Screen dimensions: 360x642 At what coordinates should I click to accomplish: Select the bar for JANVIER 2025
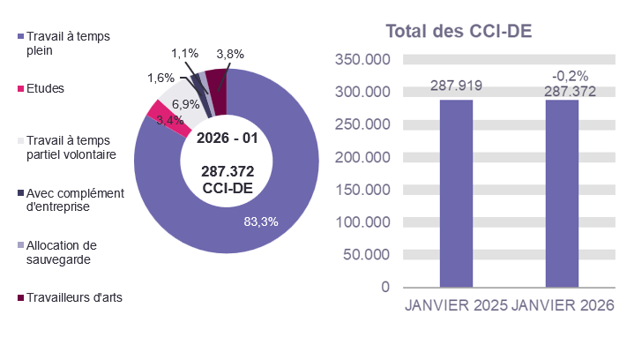coord(456,193)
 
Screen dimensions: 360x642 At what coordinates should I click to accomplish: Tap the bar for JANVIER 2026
coord(562,193)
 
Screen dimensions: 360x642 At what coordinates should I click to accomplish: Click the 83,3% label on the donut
coord(260,221)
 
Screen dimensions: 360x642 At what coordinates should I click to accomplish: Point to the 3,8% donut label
coord(229,54)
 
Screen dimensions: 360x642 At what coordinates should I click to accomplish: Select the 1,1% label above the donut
coord(184,54)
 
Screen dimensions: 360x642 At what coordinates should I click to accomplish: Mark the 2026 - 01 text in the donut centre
coord(228,139)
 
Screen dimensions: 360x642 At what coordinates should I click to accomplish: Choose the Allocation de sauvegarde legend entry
coord(61,252)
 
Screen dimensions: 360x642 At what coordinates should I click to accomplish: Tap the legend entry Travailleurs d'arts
coord(74,297)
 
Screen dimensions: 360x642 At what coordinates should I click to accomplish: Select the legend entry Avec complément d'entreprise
coord(74,200)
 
